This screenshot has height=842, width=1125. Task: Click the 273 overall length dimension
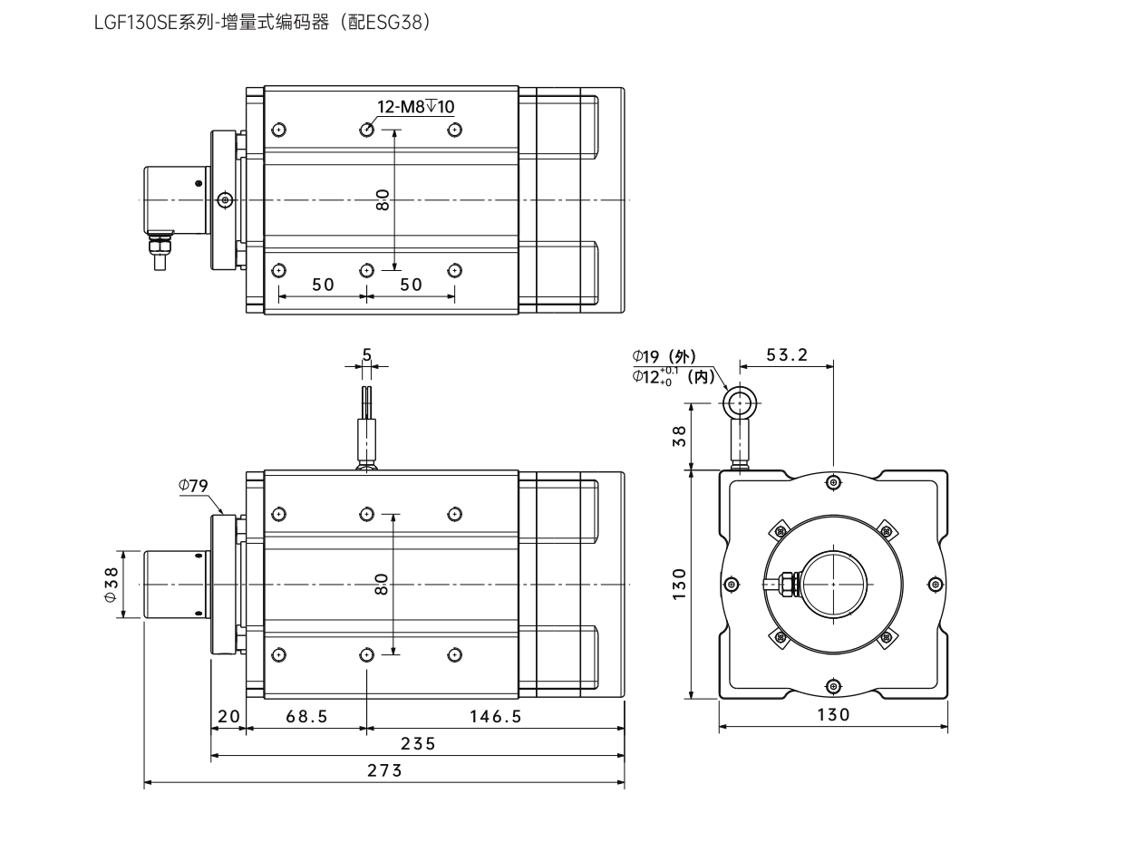(384, 771)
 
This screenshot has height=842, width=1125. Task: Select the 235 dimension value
(418, 744)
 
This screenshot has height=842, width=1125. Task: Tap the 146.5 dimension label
(495, 716)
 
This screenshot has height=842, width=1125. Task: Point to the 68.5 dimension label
(306, 716)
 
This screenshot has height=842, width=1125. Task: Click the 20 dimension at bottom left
(228, 716)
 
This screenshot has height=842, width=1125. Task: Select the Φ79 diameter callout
(193, 486)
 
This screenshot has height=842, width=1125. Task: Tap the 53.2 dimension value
(786, 354)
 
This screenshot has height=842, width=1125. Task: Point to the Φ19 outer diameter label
(664, 356)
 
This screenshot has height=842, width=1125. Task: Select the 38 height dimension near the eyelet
(679, 436)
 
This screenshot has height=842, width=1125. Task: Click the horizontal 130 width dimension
(833, 715)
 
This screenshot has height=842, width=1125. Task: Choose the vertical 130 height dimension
(679, 585)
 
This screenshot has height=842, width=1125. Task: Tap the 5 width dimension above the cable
(366, 354)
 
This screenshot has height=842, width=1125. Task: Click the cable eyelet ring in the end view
(740, 401)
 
